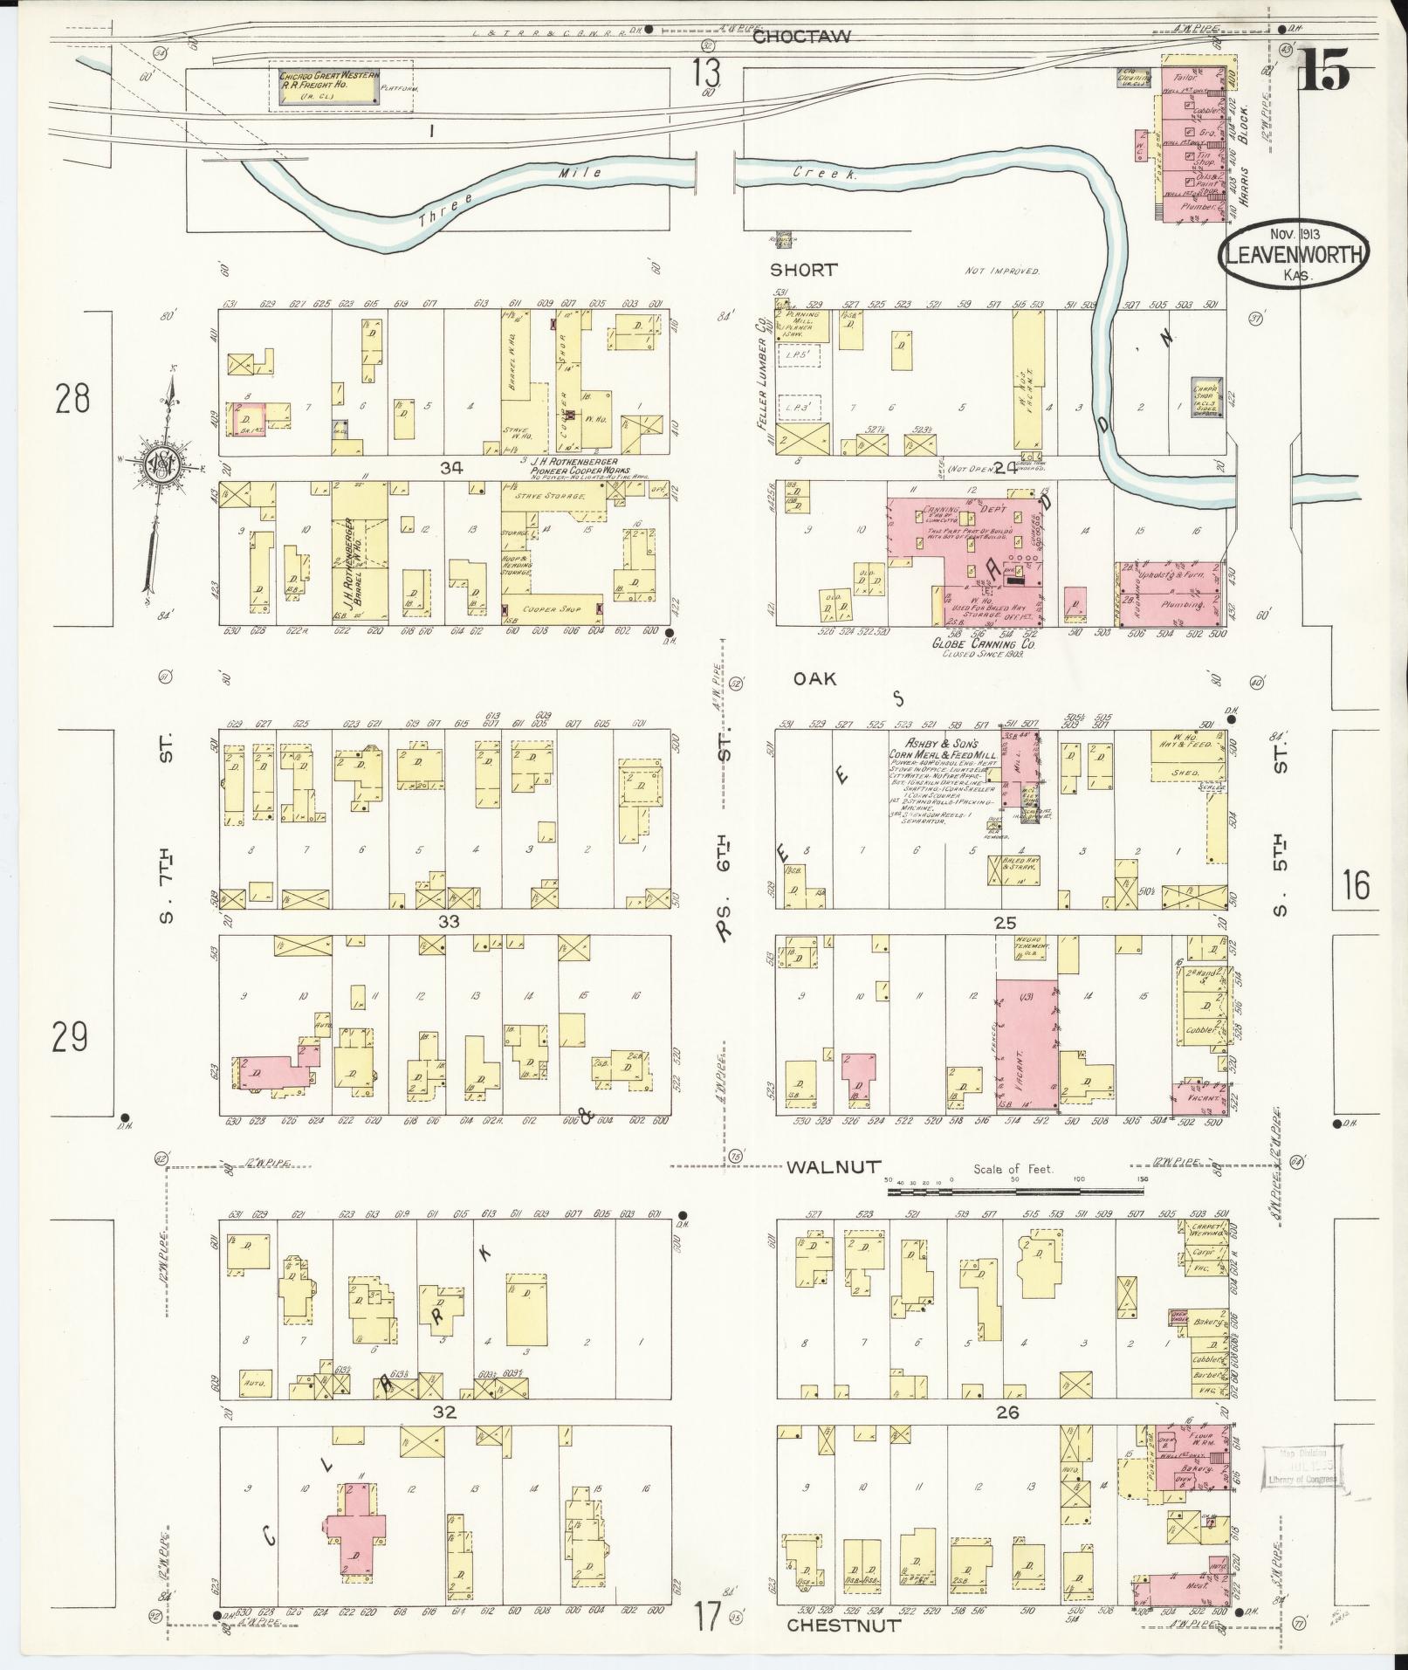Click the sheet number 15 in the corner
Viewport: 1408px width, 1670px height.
1325,68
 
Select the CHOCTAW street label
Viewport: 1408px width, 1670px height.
800,37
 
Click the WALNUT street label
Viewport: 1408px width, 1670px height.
833,1167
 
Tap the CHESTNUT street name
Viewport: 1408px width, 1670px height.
843,1625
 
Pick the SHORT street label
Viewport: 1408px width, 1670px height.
804,270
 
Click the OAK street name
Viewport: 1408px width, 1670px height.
815,678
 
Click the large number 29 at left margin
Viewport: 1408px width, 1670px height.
70,1038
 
